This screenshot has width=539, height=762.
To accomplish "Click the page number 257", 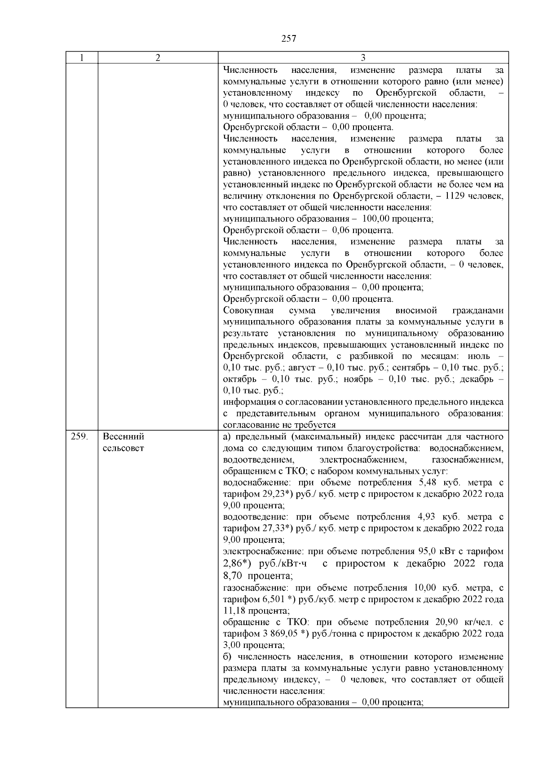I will pyautogui.click(x=289, y=39).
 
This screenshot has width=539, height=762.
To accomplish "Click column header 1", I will pyautogui.click(x=82, y=57).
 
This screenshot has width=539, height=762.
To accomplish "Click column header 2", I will pyautogui.click(x=158, y=57).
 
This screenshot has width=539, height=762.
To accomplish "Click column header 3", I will pyautogui.click(x=363, y=57).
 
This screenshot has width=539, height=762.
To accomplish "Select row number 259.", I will pyautogui.click(x=80, y=436).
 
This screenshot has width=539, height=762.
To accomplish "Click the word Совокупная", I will pyautogui.click(x=248, y=311).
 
